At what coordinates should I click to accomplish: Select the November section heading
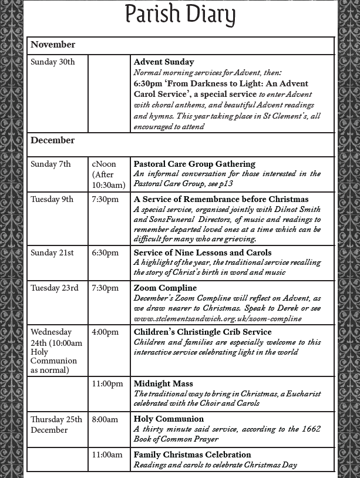(53, 45)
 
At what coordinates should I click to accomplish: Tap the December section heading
(53, 140)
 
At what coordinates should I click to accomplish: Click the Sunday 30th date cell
(53, 62)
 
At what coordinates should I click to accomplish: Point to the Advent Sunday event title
(164, 62)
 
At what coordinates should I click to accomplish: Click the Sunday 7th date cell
(51, 164)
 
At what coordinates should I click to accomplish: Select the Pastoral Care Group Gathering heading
(194, 164)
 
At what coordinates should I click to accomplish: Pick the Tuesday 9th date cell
(52, 199)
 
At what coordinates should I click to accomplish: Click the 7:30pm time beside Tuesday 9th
(105, 199)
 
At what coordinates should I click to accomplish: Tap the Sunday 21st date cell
(52, 253)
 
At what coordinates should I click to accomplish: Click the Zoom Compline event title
(165, 288)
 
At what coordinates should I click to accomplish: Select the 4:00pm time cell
(105, 332)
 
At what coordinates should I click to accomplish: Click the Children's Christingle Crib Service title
(203, 332)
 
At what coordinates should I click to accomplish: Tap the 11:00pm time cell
(107, 383)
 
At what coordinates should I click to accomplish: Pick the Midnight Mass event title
(163, 383)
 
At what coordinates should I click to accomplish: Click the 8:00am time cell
(105, 419)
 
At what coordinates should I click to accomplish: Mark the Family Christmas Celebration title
(192, 455)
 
